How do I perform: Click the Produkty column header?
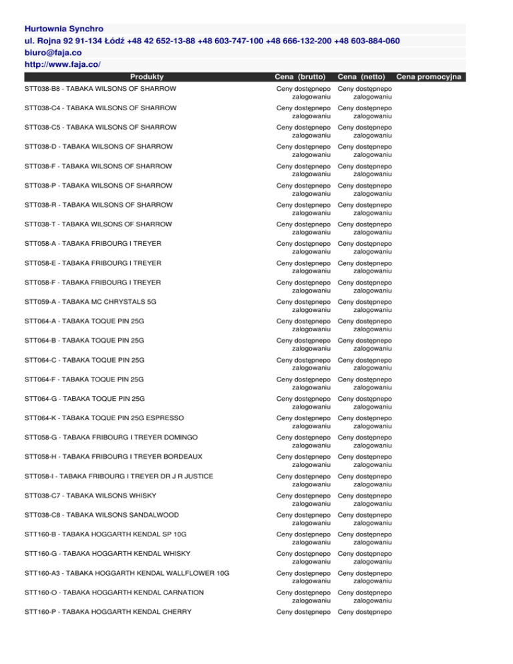148,77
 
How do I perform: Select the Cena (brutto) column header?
301,77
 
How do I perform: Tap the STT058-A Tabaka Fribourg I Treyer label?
92,243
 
